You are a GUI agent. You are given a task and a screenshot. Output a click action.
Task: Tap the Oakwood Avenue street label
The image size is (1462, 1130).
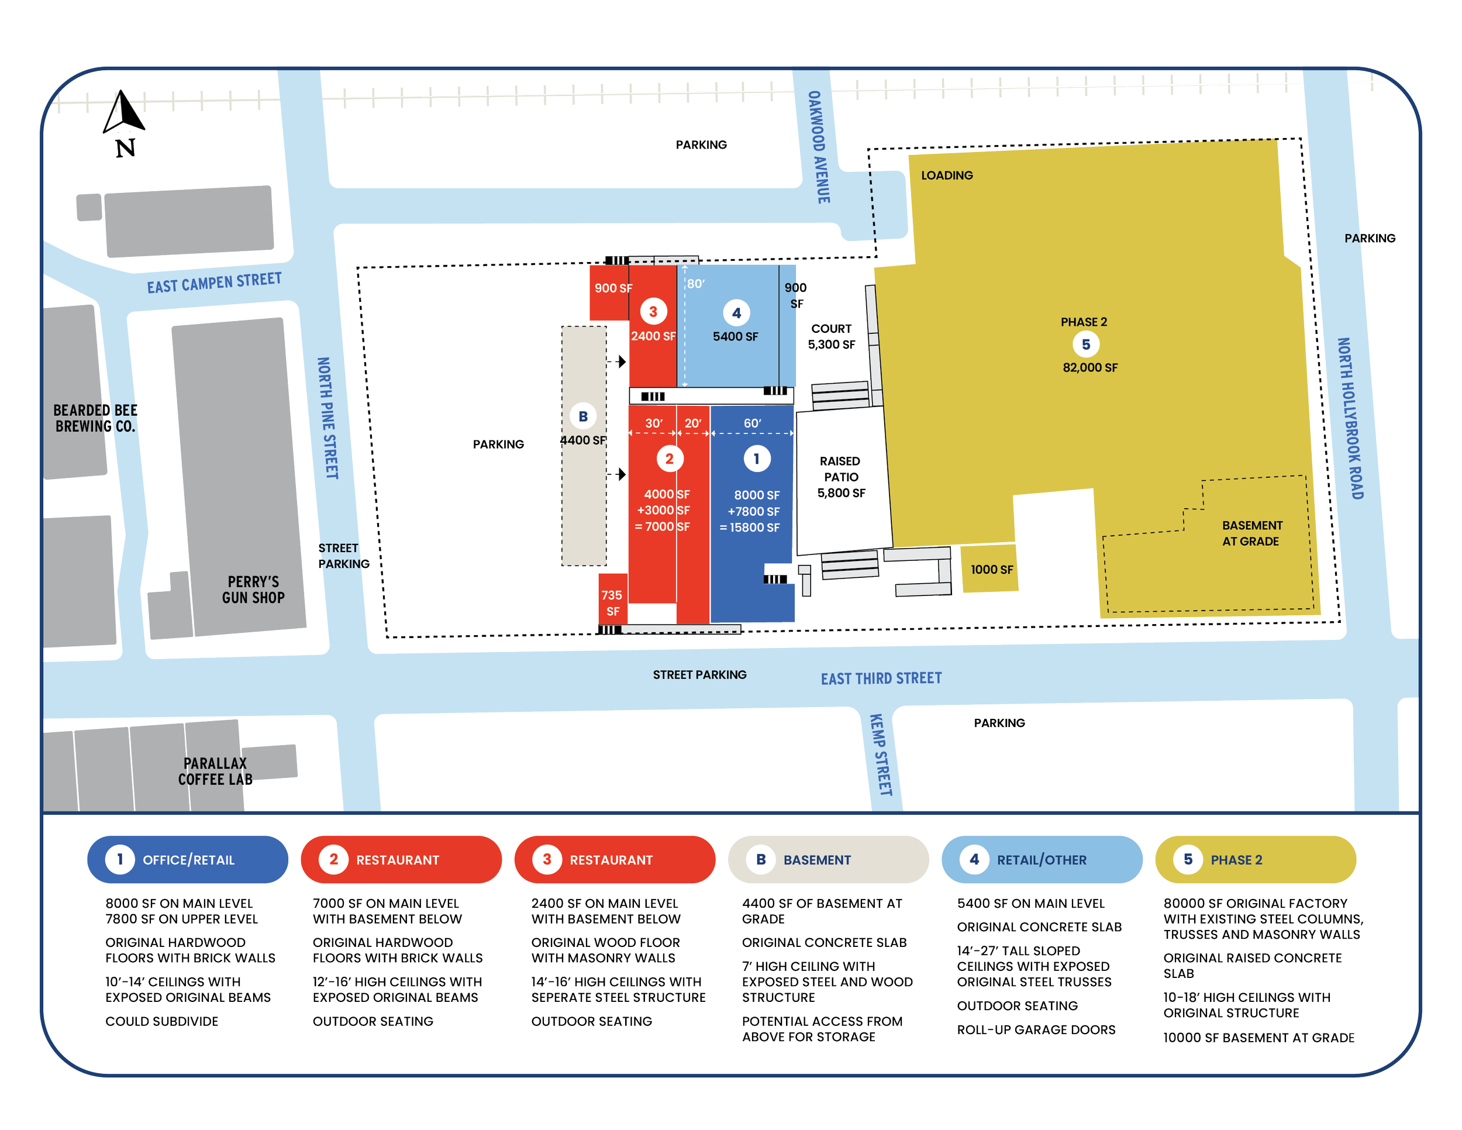click(x=819, y=147)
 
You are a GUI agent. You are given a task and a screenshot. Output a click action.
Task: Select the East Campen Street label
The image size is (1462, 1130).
click(x=214, y=282)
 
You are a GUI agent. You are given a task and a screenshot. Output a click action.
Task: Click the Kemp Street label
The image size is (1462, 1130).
click(x=880, y=755)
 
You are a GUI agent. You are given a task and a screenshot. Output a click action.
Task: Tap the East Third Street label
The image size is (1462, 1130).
click(x=881, y=678)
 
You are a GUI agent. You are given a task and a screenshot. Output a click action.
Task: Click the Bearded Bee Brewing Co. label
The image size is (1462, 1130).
click(x=96, y=418)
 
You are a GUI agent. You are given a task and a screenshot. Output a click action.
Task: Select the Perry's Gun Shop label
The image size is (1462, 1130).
click(x=253, y=590)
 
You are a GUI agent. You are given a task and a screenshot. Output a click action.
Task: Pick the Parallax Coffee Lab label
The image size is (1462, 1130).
click(x=215, y=771)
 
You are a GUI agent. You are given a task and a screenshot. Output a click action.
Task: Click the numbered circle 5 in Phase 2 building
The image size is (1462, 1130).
click(x=1086, y=344)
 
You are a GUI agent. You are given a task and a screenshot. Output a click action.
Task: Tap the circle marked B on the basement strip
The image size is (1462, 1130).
click(x=583, y=416)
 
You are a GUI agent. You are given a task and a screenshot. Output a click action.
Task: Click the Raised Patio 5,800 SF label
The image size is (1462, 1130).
click(x=841, y=477)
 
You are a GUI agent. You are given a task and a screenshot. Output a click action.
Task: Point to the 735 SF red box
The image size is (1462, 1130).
click(x=612, y=602)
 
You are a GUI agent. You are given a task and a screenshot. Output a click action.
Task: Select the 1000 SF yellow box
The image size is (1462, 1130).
click(x=991, y=570)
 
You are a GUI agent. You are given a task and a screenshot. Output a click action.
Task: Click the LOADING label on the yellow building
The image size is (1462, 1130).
click(x=947, y=175)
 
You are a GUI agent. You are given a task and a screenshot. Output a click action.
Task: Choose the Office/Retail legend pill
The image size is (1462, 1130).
click(x=188, y=860)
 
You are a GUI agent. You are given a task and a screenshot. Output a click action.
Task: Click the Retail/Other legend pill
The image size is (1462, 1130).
click(x=1041, y=860)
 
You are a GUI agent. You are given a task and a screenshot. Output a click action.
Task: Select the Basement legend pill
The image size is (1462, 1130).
click(x=827, y=860)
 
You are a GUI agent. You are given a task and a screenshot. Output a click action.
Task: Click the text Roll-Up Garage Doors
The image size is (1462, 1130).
click(x=1036, y=1029)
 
